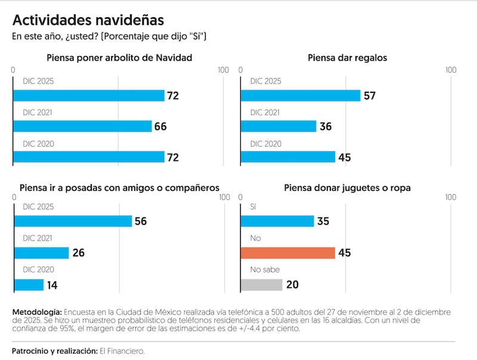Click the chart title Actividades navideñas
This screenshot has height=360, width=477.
(x=88, y=20)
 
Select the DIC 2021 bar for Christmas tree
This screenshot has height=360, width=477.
(x=82, y=126)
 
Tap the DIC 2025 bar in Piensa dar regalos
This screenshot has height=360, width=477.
(x=300, y=96)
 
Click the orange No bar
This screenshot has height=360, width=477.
(x=287, y=253)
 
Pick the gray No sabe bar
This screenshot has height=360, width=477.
(x=261, y=285)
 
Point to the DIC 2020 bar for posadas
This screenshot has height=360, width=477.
(x=29, y=285)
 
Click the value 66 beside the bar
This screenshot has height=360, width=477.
(x=160, y=126)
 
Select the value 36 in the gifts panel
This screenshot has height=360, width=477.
(x=326, y=126)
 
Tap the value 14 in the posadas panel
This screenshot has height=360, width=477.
(x=52, y=285)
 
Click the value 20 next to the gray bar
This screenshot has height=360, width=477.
(x=292, y=285)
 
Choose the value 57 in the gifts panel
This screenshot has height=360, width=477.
(x=370, y=96)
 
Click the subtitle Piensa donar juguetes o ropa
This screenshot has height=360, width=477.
(x=347, y=188)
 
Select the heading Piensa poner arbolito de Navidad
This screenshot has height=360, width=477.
(x=119, y=58)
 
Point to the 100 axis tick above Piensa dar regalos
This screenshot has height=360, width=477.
(x=451, y=70)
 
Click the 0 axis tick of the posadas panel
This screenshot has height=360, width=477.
(x=13, y=198)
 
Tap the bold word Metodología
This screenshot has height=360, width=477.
(x=36, y=312)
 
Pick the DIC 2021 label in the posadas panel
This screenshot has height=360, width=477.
(x=38, y=238)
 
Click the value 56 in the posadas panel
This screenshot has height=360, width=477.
(x=141, y=221)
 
